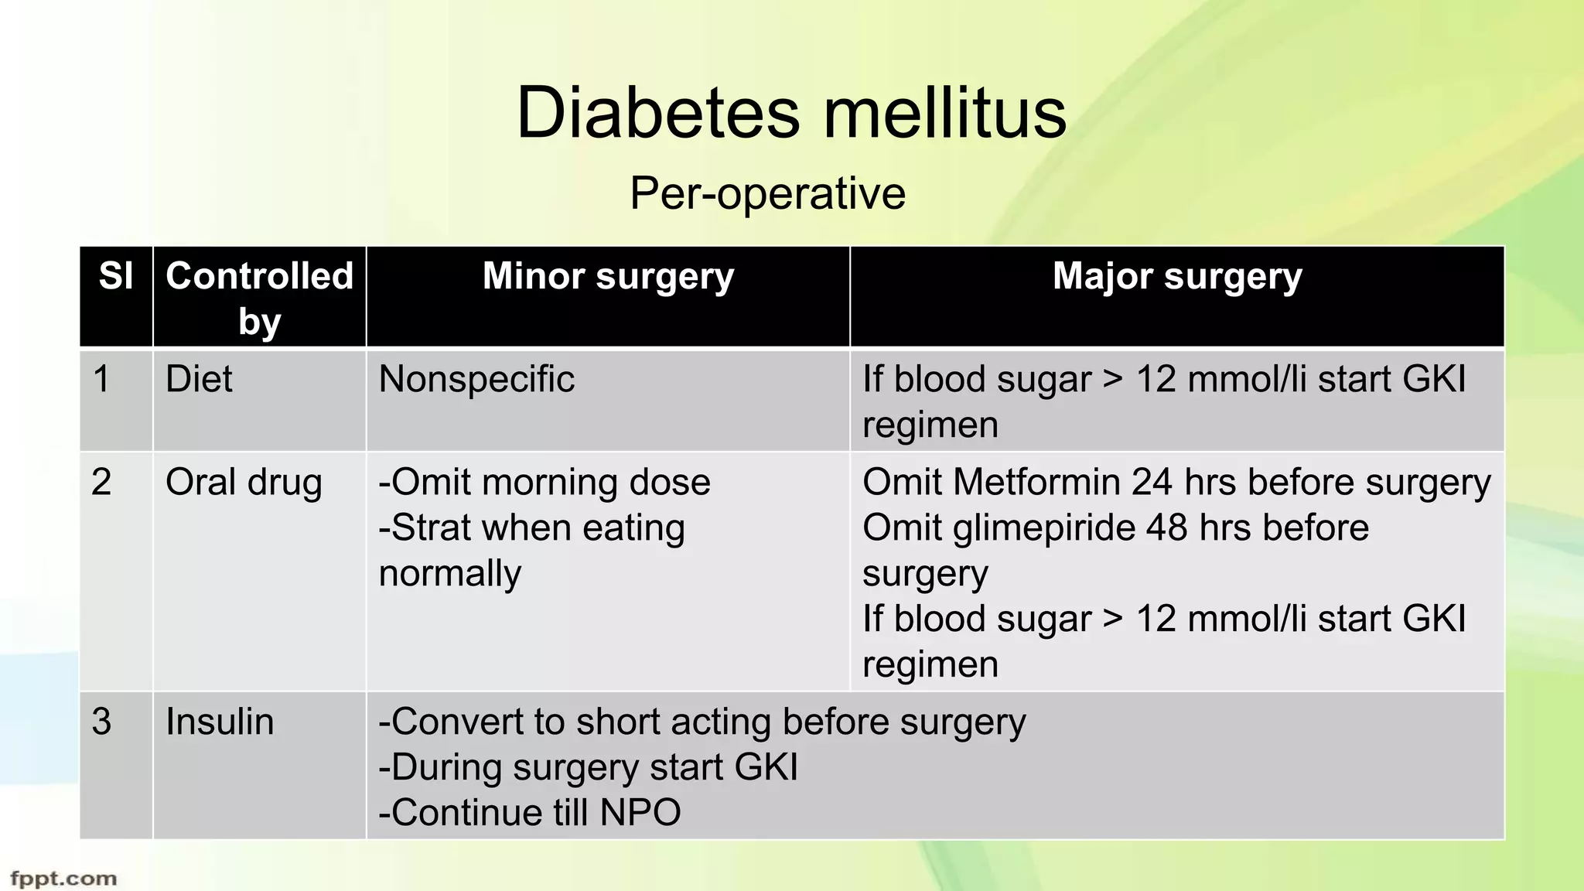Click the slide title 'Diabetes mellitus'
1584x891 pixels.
click(x=791, y=113)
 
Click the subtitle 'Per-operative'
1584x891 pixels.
click(x=767, y=193)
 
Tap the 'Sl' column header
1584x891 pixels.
click(x=116, y=276)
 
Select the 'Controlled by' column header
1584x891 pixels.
click(x=259, y=298)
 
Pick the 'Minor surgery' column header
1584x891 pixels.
click(x=608, y=276)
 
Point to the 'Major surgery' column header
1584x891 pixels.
click(x=1176, y=276)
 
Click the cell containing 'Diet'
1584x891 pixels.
click(x=199, y=380)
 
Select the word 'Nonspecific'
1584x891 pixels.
click(x=476, y=380)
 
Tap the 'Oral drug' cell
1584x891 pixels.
click(x=244, y=483)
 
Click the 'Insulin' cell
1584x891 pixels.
click(x=220, y=722)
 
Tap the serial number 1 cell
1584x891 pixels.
click(x=101, y=380)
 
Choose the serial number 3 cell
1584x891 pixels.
click(x=101, y=722)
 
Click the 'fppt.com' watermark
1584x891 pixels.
click(x=63, y=879)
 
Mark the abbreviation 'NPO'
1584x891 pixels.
click(x=640, y=813)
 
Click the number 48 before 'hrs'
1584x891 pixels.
click(x=1167, y=528)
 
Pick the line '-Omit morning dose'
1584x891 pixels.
click(x=544, y=483)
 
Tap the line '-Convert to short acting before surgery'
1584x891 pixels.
click(x=702, y=722)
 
